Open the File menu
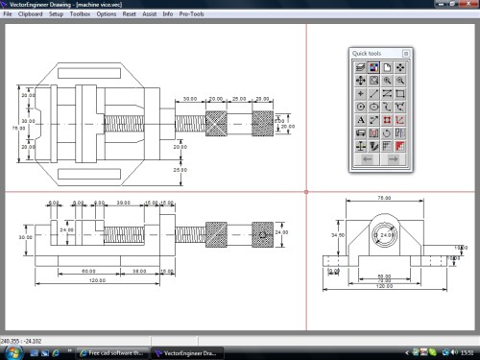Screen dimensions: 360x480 coord(9,15)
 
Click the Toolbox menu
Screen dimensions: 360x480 coord(80,15)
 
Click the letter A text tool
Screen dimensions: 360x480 coord(359,121)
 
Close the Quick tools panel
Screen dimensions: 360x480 coord(405,53)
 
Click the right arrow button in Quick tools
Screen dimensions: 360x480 coord(393,160)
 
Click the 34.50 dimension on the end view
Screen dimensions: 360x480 coord(336,233)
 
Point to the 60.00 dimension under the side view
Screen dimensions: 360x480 coord(87,272)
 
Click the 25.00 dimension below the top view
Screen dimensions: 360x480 coord(180,169)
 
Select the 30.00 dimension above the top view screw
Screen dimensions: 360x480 coord(189,98)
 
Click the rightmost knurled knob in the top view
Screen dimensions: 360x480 coord(262,125)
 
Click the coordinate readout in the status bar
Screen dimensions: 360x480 coord(21,340)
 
